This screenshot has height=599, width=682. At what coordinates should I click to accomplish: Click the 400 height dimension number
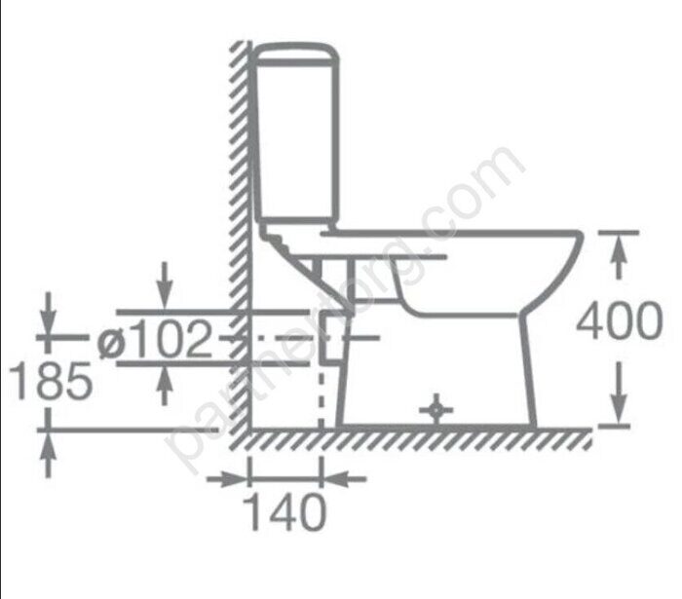click(620, 320)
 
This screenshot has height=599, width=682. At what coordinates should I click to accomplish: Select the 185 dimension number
click(51, 381)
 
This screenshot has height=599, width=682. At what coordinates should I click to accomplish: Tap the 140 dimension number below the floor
click(284, 512)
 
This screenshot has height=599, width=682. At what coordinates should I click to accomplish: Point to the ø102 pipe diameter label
click(154, 339)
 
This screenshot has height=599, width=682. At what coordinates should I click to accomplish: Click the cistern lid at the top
click(296, 54)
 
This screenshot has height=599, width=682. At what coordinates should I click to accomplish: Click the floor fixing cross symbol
click(436, 409)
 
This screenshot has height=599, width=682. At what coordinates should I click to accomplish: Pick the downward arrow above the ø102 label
click(164, 286)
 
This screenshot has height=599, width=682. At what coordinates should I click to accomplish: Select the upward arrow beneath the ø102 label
click(164, 385)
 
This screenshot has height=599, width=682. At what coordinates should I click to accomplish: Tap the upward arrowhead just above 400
click(619, 256)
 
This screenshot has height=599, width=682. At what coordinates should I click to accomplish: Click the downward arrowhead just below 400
click(619, 393)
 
